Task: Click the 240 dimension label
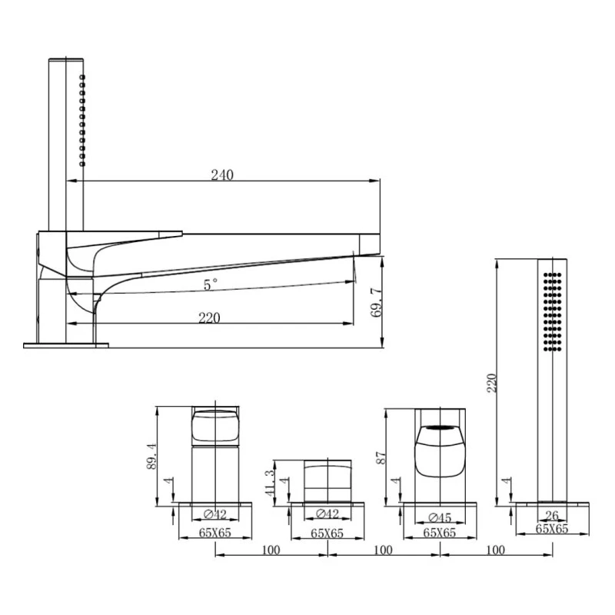222,175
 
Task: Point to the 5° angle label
210,284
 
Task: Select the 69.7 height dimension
376,302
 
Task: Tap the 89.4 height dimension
151,456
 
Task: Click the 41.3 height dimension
271,484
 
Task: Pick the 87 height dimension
381,458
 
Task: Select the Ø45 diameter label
440,517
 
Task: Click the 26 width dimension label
552,515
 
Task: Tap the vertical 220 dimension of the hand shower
491,383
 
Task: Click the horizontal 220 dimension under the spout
209,317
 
